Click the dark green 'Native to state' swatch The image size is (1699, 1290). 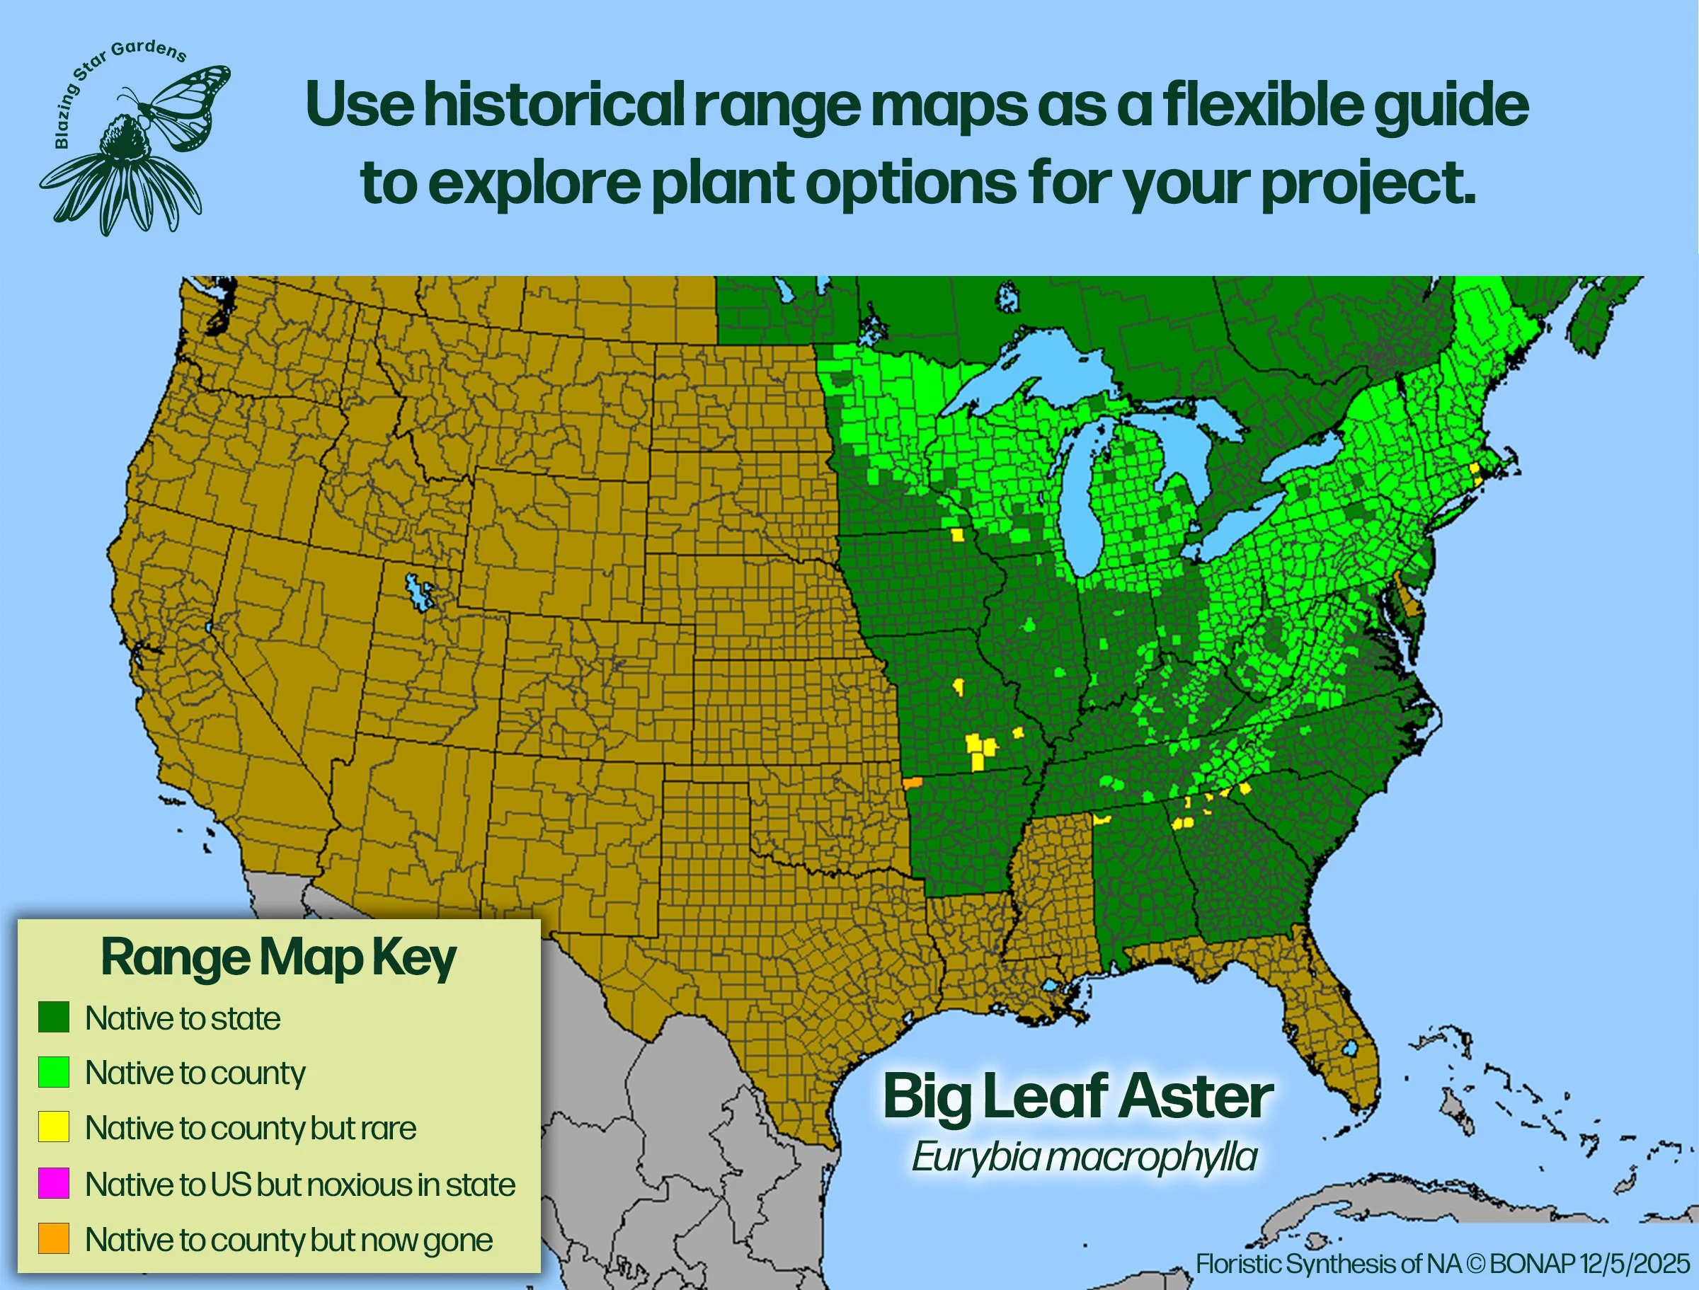[54, 1018]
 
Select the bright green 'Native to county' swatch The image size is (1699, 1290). [54, 1072]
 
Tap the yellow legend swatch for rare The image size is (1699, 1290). [54, 1127]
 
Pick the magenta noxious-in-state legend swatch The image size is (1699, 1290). [54, 1183]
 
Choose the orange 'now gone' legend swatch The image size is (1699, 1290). [54, 1238]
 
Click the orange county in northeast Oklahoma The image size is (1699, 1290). [913, 783]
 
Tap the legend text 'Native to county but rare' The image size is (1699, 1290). [251, 1128]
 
